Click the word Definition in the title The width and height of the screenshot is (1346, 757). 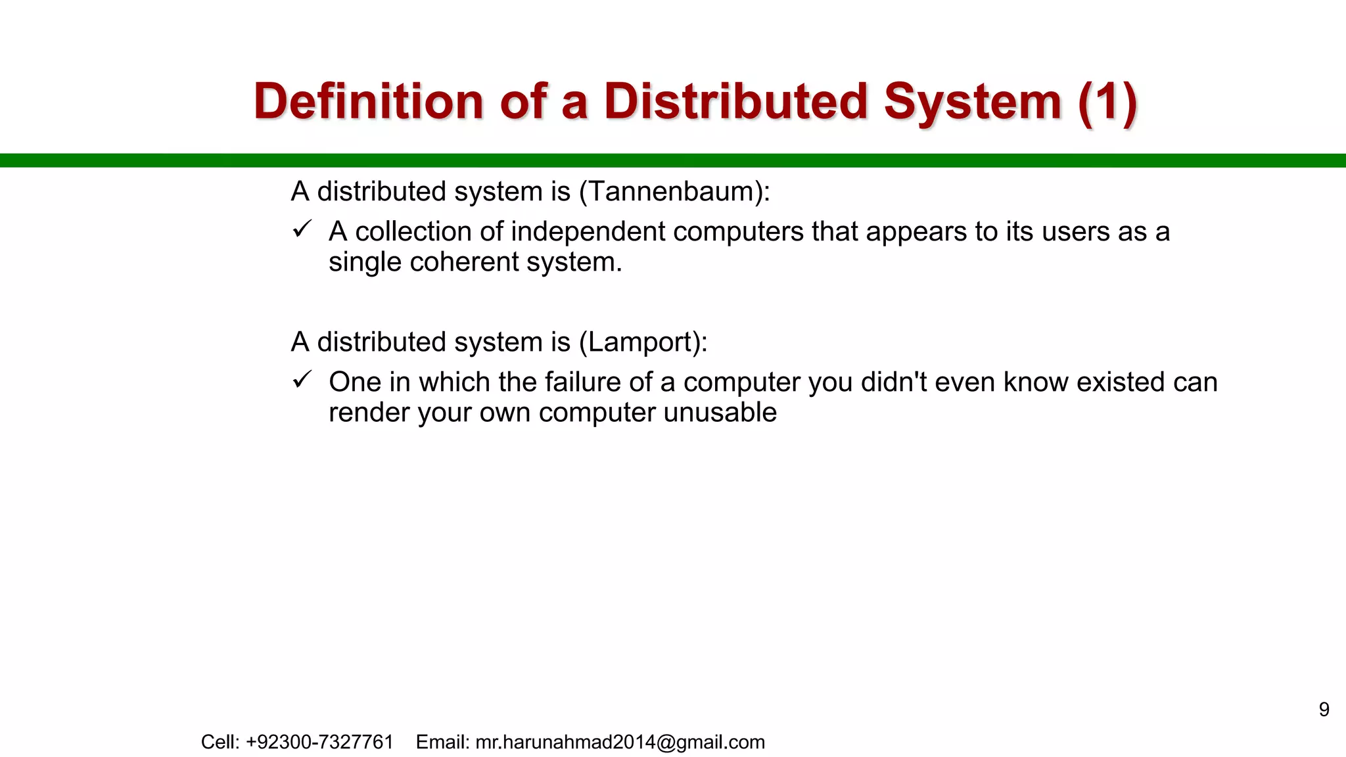point(369,102)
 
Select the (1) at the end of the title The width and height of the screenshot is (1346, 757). point(1107,102)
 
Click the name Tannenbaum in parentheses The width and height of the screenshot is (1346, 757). point(670,192)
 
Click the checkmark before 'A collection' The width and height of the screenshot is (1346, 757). point(302,229)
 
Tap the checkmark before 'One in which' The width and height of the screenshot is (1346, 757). point(302,380)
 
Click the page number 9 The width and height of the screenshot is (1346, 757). point(1324,710)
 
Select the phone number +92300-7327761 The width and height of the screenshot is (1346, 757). point(319,743)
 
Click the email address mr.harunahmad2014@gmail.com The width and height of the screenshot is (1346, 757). point(620,743)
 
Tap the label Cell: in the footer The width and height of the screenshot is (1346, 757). point(220,743)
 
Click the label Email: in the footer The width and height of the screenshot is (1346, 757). point(442,743)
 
